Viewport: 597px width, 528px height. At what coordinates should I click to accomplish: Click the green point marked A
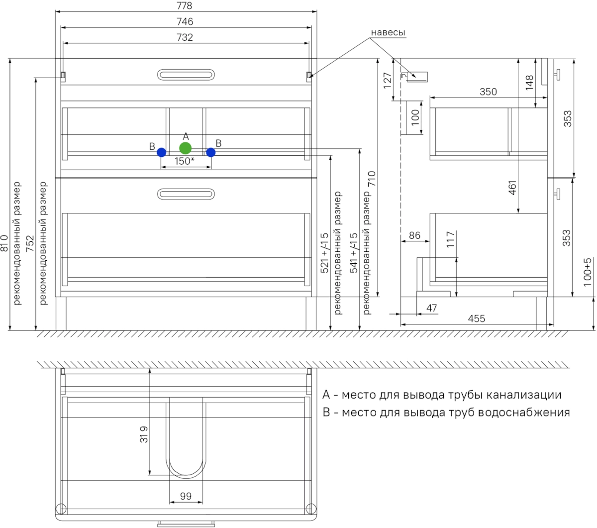click(x=186, y=148)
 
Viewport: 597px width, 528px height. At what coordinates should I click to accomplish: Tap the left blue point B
click(x=161, y=152)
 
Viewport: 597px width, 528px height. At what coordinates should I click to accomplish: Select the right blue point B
click(x=211, y=152)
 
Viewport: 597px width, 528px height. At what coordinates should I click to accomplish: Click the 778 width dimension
click(x=184, y=6)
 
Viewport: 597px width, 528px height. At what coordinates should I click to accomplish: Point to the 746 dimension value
click(x=185, y=21)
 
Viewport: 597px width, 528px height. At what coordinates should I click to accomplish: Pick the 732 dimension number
click(x=185, y=37)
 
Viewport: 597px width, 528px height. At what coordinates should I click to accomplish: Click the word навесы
click(x=388, y=32)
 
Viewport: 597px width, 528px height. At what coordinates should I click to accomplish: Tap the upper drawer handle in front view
click(x=186, y=75)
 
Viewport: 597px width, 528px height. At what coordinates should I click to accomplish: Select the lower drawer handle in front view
click(x=186, y=194)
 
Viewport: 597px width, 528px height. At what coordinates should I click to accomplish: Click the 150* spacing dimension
click(x=184, y=161)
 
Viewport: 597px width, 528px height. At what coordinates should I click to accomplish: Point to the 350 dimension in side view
click(x=488, y=92)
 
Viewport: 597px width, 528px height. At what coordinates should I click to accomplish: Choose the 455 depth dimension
click(x=476, y=318)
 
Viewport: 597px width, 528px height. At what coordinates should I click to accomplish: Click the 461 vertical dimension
click(x=513, y=187)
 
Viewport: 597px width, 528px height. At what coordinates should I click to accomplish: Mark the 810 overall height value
click(x=4, y=243)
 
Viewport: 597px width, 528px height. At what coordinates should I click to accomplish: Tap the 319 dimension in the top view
click(x=144, y=434)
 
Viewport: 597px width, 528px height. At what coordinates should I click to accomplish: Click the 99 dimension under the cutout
click(x=186, y=496)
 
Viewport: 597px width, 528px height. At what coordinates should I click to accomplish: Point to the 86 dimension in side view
click(x=414, y=235)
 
